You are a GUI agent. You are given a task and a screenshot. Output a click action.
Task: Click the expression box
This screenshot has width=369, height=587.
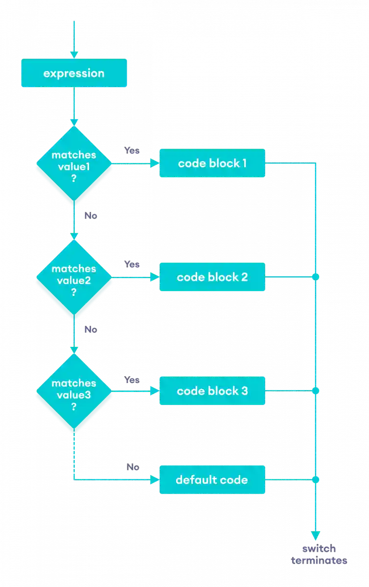74,74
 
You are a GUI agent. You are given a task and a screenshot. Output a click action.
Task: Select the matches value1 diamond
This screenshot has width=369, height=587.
74,164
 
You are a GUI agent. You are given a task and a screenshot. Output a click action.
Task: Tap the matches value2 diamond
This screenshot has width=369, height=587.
74,279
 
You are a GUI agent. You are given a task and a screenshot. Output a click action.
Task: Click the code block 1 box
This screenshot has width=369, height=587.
212,163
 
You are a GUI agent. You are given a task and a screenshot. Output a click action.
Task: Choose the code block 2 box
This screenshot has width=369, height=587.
212,277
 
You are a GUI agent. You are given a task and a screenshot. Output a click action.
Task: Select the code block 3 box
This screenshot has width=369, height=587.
212,391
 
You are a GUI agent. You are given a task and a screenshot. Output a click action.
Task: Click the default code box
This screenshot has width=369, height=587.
212,480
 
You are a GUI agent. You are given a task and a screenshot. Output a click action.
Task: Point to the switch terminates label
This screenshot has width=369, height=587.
319,555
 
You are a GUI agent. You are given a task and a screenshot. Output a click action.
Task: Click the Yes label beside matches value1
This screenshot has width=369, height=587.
132,150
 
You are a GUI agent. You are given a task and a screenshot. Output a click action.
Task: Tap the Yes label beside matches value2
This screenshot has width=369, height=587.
132,264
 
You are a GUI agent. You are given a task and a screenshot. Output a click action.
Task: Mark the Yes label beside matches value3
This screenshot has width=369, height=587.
132,380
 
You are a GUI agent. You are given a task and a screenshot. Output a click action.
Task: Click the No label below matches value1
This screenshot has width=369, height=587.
91,215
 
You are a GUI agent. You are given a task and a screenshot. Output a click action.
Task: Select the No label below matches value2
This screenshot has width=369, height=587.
91,329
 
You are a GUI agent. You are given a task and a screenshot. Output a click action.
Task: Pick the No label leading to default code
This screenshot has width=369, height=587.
133,467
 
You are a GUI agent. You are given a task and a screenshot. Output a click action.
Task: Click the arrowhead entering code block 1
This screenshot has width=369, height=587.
155,163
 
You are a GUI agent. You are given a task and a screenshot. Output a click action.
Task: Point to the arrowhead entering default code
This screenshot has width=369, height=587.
155,480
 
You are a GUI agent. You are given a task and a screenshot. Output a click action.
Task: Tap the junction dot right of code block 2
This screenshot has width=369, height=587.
316,277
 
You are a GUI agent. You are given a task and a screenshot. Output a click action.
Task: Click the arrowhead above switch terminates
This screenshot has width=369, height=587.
316,535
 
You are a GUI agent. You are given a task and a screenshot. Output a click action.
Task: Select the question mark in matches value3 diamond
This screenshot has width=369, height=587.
74,406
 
